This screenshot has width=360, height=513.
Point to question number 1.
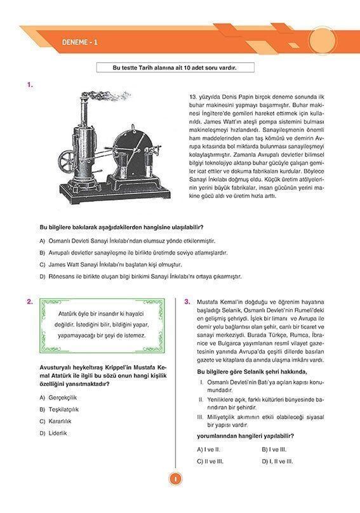tap(30, 84)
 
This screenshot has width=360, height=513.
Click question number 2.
tap(30, 302)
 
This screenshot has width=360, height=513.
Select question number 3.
tap(187, 302)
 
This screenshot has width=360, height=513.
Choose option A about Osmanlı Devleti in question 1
tap(127, 241)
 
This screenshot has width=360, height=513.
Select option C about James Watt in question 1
tap(114, 264)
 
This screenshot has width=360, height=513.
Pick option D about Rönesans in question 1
tap(140, 276)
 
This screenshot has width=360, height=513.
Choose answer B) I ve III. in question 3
tap(274, 449)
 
